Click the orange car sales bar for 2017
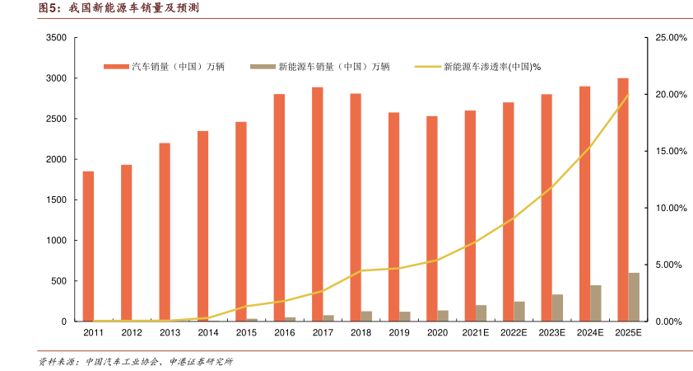tap(317, 204)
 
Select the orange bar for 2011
tap(88, 246)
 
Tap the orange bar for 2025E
tap(623, 200)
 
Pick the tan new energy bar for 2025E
tap(634, 297)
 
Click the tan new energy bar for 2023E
tap(557, 308)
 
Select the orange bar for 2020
tap(432, 218)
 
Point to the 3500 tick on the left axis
tap(56, 38)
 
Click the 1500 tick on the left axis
tap(56, 200)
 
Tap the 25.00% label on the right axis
tap(671, 38)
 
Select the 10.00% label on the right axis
tap(671, 208)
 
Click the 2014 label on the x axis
tap(208, 333)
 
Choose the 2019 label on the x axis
tap(399, 333)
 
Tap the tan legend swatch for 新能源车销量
tap(263, 67)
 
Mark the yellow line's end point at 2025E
tap(629, 94)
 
